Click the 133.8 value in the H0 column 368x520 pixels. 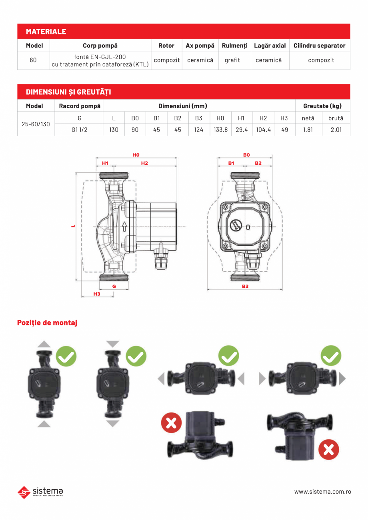point(220,130)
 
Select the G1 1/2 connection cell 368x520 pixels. point(80,130)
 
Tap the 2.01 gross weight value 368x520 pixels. point(336,130)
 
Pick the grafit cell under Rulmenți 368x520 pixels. point(232,60)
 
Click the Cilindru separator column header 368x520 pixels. point(320,46)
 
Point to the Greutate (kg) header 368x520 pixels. point(322,106)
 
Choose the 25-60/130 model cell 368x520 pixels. point(36,124)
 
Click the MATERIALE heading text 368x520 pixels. point(46,31)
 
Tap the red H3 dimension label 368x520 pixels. point(97,294)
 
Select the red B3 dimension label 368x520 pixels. point(245,286)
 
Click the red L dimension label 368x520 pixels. point(73,226)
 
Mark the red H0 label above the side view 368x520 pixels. point(136,155)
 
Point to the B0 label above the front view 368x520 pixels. point(246,155)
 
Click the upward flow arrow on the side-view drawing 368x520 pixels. point(124,227)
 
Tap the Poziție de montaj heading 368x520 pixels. point(47,323)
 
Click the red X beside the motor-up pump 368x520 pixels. point(172,422)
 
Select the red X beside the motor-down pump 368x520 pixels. point(328,449)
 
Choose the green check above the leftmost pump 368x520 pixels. point(66,356)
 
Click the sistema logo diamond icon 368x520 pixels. point(24,492)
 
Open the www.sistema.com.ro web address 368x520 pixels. point(322,492)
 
